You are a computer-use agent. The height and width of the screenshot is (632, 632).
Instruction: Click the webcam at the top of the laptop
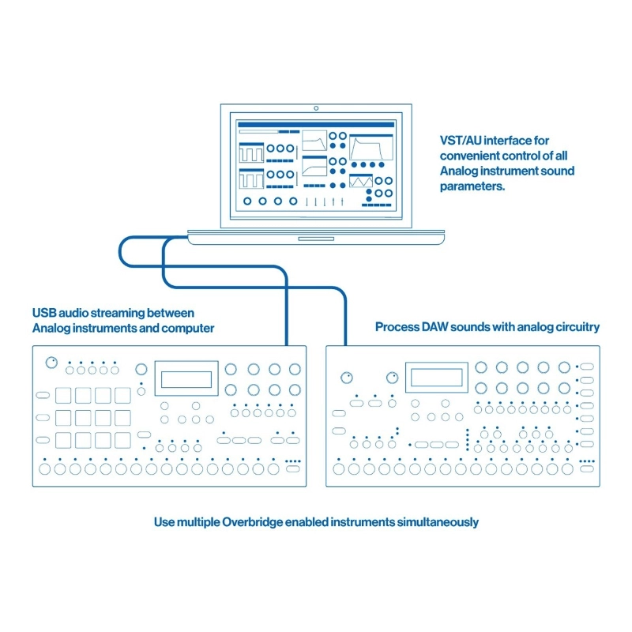click(315, 107)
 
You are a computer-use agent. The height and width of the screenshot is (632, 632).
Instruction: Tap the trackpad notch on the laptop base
click(315, 237)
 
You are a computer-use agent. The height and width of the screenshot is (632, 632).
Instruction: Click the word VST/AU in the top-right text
click(459, 140)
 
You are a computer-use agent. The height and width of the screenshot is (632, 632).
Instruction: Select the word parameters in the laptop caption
click(472, 186)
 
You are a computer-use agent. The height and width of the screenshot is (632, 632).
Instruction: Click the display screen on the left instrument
click(186, 378)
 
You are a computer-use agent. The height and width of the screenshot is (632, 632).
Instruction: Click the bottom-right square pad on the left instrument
click(122, 439)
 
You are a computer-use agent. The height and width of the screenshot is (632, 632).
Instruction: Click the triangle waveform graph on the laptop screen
click(361, 181)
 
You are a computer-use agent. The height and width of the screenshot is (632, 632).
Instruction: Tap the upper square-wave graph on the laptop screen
click(252, 151)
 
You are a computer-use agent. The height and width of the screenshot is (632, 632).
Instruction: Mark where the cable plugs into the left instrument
click(284, 347)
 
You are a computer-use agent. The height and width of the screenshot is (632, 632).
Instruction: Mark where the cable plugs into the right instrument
click(346, 347)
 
